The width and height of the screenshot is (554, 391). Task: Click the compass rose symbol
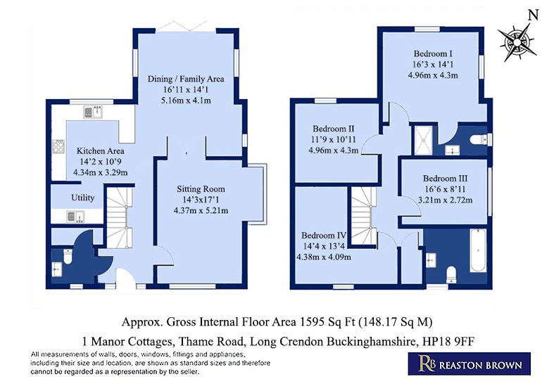517,42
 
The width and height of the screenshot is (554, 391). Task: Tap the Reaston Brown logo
470,364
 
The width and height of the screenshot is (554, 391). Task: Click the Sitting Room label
201,189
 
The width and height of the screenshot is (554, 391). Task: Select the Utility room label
82,198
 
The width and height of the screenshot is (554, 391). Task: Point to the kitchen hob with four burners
58,146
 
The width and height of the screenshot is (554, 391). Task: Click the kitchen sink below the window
94,112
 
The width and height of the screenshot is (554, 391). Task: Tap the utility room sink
75,217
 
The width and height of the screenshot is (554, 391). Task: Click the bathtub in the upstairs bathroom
478,250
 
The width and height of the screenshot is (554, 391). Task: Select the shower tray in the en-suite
423,140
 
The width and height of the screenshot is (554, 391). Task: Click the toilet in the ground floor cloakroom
67,257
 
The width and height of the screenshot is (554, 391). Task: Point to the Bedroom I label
433,53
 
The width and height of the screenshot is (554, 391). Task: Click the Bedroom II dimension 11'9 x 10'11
333,140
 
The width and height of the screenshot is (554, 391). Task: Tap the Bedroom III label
445,179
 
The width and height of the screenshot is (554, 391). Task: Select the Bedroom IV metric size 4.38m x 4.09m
324,257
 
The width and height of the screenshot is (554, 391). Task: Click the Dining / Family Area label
186,79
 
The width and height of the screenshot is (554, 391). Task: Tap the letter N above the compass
533,15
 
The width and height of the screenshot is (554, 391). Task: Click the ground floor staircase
120,218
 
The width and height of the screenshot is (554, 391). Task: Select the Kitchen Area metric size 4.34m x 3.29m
101,172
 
